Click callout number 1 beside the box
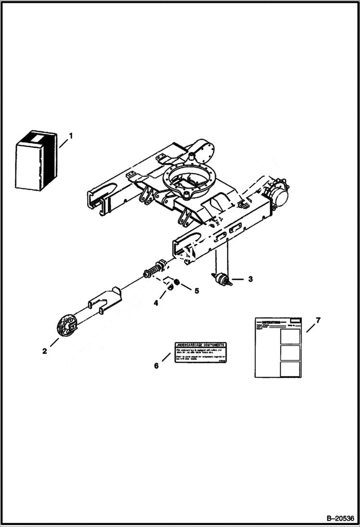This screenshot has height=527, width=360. [71, 136]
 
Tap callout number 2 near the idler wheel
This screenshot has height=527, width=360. [44, 351]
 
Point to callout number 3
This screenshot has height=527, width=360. [250, 279]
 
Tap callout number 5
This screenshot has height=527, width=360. [183, 290]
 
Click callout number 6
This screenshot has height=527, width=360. [156, 366]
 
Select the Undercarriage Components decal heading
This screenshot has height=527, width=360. [200, 345]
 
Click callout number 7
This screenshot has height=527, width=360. [318, 319]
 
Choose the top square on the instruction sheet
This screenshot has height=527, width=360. [290, 336]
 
